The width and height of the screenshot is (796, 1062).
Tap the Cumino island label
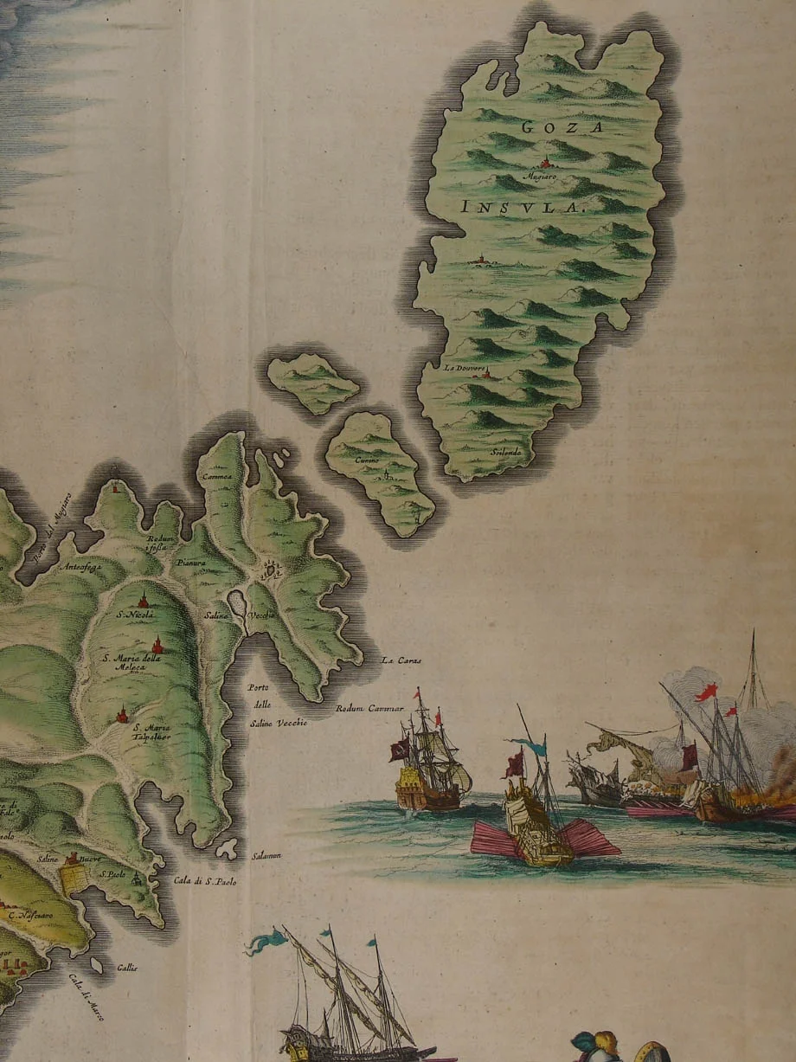(367, 460)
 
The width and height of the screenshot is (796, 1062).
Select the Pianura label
(189, 563)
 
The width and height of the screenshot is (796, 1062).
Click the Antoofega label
(81, 568)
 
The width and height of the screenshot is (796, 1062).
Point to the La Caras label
(401, 661)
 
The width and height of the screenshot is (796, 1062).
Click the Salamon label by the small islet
(266, 856)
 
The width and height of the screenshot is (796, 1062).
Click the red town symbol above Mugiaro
(546, 163)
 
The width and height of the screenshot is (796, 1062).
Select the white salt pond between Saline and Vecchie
(235, 602)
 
